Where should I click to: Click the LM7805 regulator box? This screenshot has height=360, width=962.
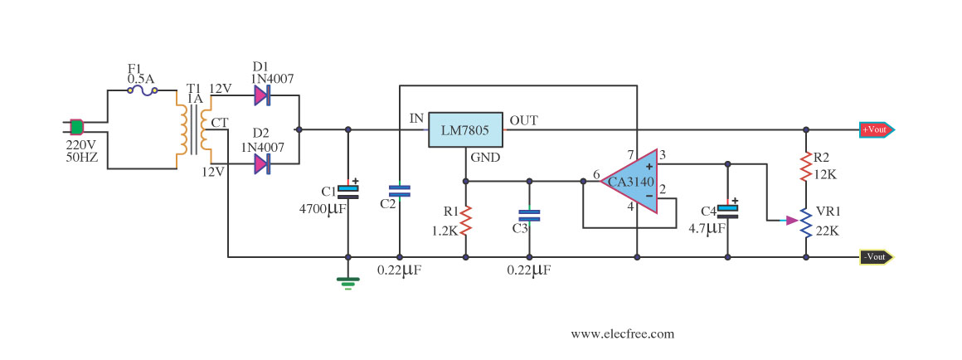pos(465,129)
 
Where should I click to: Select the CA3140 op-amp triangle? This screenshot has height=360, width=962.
pos(629,181)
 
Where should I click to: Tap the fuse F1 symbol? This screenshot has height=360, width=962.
pos(143,90)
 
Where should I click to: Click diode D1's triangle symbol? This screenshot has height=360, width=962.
pos(261,95)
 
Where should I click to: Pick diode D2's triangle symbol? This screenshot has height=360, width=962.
pos(261,163)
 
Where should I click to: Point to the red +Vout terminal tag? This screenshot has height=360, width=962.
pos(877,129)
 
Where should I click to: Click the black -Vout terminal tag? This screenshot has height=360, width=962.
pos(877,257)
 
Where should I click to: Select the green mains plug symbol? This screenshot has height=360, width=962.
pos(76,127)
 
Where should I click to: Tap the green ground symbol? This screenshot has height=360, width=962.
pos(347,283)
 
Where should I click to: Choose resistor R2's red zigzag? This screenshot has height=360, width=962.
pos(806,168)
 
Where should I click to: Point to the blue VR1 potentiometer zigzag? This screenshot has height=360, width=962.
pos(806,221)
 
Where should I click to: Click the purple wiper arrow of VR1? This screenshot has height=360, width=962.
pos(792,220)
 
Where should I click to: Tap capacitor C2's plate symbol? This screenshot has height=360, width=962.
pos(400,191)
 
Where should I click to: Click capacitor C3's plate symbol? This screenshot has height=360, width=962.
pos(529,215)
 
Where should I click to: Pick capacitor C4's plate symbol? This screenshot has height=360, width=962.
pos(727,209)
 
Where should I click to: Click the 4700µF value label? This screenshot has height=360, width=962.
pos(322,210)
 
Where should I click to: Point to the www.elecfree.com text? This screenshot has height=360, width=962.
pos(622,334)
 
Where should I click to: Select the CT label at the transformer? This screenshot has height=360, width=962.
pos(220,123)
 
